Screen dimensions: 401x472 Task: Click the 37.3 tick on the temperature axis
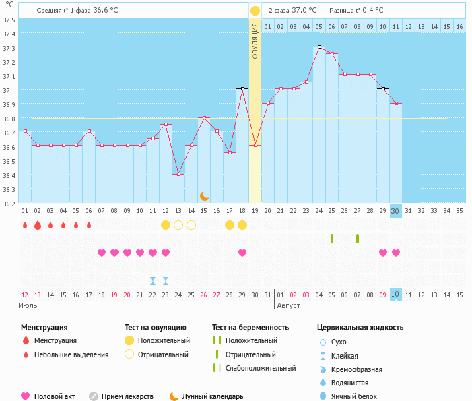[x=9, y=49]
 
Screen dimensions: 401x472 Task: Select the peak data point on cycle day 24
[x=318, y=47]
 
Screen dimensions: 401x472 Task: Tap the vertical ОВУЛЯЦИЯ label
[x=255, y=41]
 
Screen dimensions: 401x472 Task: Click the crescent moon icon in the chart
[x=204, y=195]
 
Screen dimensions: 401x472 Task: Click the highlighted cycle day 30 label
[x=395, y=210]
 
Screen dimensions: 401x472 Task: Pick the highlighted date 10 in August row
[x=395, y=295]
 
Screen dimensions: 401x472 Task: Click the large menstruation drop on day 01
[x=25, y=224]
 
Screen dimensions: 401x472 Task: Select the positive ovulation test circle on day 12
[x=166, y=224]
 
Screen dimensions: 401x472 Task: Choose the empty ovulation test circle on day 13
[x=178, y=224]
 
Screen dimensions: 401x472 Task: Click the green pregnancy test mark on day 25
[x=332, y=238]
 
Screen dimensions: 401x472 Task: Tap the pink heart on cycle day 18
[x=242, y=253]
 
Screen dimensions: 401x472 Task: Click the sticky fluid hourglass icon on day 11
[x=153, y=280]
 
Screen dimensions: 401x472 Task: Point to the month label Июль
[x=28, y=305]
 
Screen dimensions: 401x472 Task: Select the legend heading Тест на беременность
[x=250, y=327]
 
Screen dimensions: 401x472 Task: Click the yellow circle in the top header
[x=255, y=11]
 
